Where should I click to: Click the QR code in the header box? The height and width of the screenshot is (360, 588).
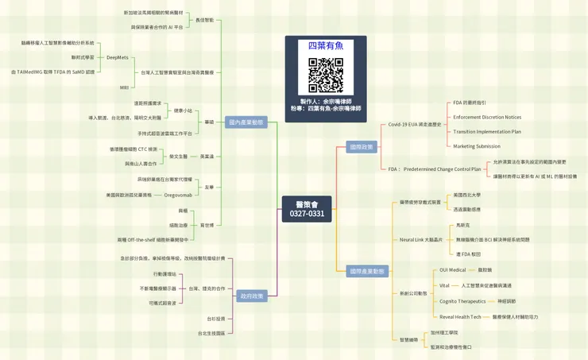[326, 75]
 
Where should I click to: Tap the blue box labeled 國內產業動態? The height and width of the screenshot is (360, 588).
[246, 122]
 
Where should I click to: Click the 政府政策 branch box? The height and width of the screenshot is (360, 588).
[252, 296]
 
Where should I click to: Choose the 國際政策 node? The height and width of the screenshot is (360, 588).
[361, 147]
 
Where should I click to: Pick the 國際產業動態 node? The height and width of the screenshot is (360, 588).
[368, 271]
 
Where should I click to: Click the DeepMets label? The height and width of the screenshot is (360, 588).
[118, 57]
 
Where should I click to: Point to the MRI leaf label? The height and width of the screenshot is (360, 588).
[124, 87]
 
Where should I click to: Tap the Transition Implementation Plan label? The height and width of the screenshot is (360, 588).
[487, 131]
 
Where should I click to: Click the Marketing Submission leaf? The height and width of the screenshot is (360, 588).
[477, 146]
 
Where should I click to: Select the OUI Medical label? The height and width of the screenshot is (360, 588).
[452, 270]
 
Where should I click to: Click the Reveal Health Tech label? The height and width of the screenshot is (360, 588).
[460, 316]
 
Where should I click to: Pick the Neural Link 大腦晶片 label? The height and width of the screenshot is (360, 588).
[420, 239]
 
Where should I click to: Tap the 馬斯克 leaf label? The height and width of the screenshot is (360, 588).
[463, 225]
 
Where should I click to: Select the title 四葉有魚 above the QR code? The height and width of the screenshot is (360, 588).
[326, 45]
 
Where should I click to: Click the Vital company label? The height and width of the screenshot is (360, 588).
[444, 285]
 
